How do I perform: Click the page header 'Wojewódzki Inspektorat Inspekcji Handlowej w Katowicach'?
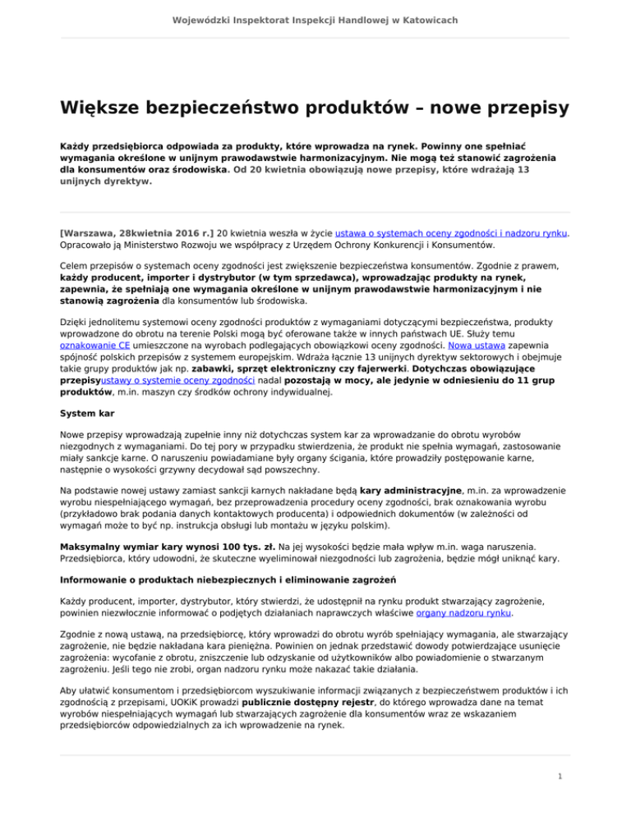click(x=315, y=19)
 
